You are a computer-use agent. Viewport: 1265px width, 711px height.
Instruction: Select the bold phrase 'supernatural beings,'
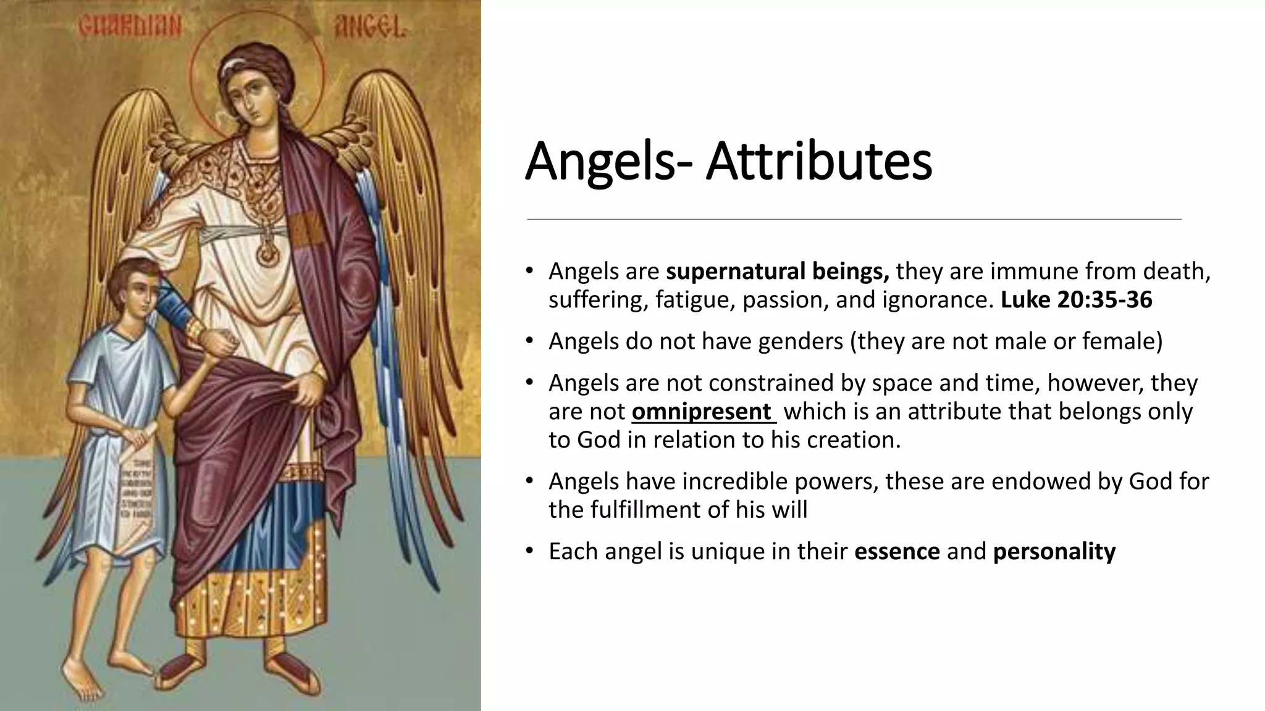tap(777, 271)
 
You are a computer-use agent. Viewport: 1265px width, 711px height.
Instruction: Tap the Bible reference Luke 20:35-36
tap(1076, 300)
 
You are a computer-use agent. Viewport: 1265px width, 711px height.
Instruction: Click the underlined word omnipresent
tap(702, 412)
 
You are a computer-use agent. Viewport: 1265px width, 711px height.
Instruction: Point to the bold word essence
tap(897, 551)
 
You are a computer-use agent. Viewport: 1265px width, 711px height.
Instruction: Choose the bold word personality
tap(1054, 551)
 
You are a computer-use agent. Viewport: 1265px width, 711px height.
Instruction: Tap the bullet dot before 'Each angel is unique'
tap(529, 551)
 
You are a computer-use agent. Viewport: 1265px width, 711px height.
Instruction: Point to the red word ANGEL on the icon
tap(369, 27)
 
